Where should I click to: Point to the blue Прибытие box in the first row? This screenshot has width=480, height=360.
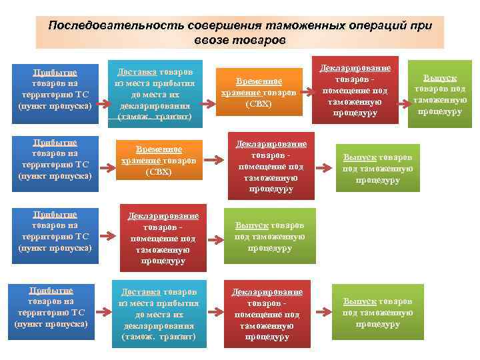coord(56,91)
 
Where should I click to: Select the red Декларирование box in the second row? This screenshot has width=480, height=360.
coord(271,167)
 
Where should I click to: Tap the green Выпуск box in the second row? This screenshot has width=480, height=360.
coord(377,168)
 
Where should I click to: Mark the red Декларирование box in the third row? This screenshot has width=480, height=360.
coord(163,238)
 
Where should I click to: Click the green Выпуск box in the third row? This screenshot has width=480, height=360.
coord(270,235)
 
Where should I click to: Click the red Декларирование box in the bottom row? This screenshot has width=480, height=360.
coord(267,313)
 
